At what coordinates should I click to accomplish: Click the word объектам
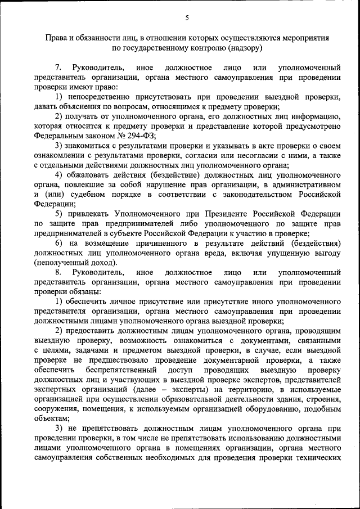click(51, 418)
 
